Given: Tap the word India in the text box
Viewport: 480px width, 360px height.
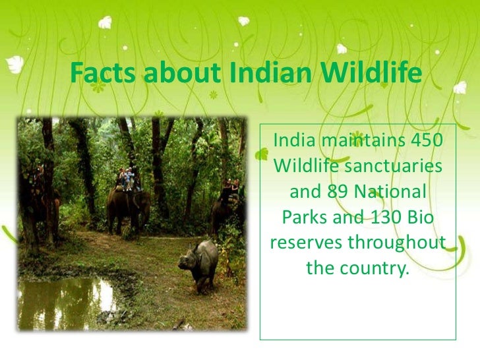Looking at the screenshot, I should [295, 140].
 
